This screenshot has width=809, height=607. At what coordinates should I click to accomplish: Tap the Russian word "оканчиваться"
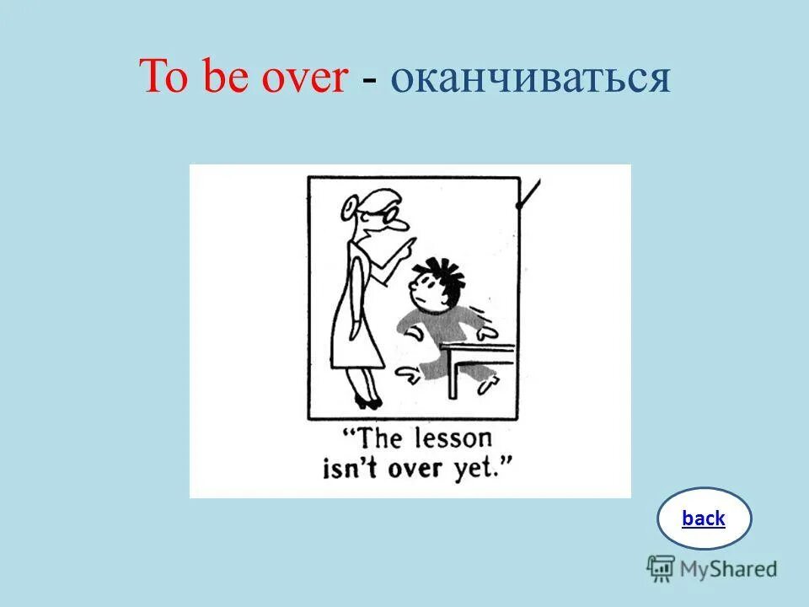point(530,79)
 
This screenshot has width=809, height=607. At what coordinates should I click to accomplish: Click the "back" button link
point(704,518)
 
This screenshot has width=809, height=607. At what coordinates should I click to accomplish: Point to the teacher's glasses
point(390,216)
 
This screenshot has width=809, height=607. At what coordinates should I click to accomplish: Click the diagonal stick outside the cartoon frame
point(528,194)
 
